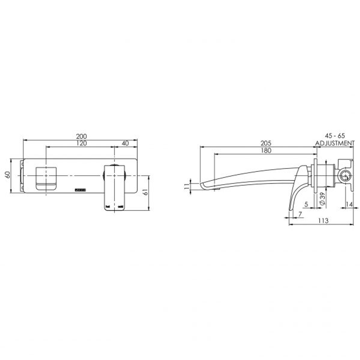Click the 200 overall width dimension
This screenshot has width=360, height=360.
pos(81,136)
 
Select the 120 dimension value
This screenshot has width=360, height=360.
pos(81,143)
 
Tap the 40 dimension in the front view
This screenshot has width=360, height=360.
pos(126,143)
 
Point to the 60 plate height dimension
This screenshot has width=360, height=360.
pos(7,175)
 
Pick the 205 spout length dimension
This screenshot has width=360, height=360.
pos(266,143)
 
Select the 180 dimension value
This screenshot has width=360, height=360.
pos(266,150)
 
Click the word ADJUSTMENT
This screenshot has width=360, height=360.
pos(335,143)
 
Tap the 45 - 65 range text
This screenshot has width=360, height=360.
pos(335,136)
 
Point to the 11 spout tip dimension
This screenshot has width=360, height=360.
pos(186,185)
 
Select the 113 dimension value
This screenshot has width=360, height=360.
pos(323,221)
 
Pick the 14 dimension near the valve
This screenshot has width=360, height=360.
pos(349,204)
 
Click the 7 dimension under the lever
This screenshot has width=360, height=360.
pos(300,214)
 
